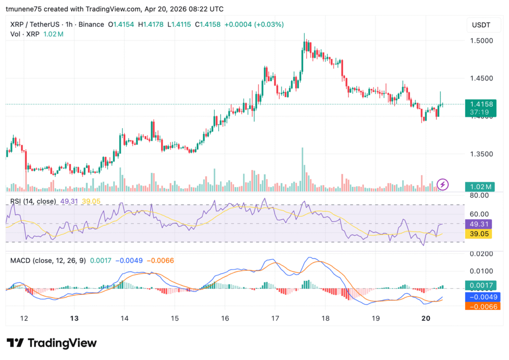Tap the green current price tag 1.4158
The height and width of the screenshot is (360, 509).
pos(479,104)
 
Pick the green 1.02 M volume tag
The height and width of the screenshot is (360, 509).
pos(479,187)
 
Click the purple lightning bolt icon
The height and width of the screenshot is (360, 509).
pos(442,185)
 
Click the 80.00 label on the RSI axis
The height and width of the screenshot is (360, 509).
pos(479,196)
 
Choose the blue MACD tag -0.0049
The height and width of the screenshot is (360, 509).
pos(479,297)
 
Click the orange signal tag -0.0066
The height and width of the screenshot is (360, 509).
pos(479,306)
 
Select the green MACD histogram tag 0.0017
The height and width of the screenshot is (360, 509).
pos(479,285)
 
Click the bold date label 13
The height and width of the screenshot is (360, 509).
pos(74,318)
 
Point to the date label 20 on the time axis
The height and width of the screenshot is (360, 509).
pos(425,318)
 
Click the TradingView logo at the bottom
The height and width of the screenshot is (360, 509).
pos(52,343)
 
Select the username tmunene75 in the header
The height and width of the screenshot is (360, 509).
pos(28,9)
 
